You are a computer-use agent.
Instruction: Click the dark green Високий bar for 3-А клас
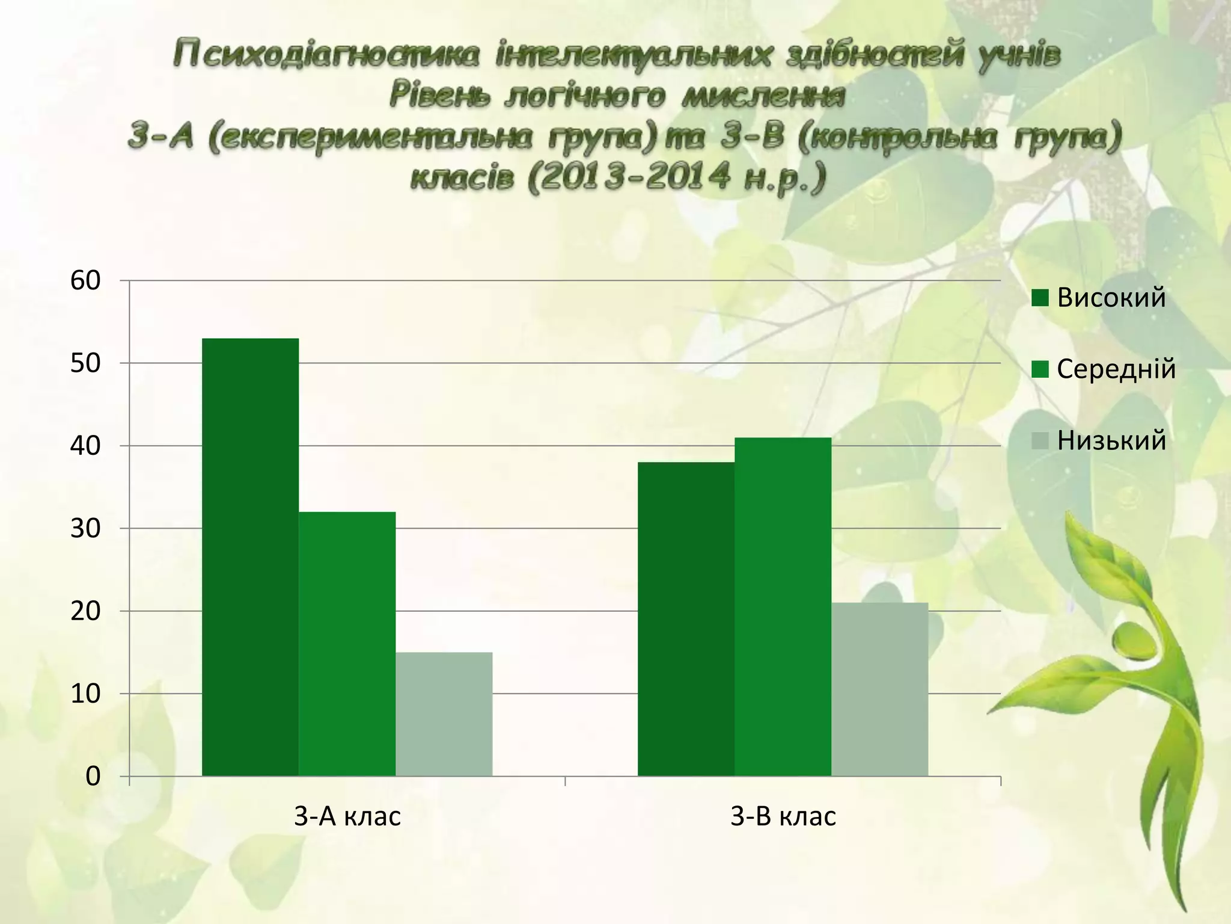(250, 557)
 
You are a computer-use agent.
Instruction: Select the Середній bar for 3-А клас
(347, 644)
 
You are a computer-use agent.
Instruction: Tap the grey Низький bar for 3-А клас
(444, 714)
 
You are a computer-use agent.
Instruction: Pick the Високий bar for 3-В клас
(686, 619)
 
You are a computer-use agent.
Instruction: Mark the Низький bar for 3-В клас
(879, 689)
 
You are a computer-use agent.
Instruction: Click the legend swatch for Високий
(1040, 298)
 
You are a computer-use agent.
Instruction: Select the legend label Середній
(1116, 369)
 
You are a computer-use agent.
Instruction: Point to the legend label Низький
(1111, 440)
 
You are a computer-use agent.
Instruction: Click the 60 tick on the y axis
(85, 280)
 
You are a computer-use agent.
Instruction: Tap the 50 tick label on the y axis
(85, 363)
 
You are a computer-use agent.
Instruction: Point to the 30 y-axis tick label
(85, 529)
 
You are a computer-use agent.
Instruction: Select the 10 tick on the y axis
(85, 694)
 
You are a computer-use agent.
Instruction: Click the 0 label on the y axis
(93, 777)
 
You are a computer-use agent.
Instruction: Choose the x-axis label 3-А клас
(347, 817)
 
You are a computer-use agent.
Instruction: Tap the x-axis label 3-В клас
(783, 817)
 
